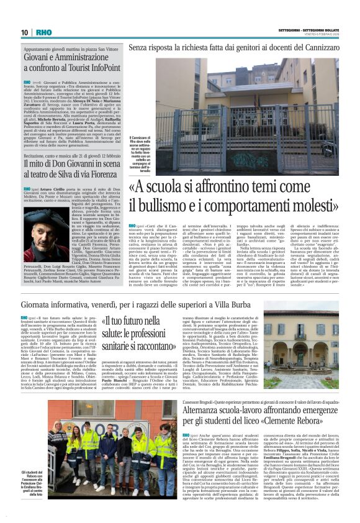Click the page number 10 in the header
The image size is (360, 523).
(x=24, y=32)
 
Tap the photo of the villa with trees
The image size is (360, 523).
(x=307, y=346)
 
